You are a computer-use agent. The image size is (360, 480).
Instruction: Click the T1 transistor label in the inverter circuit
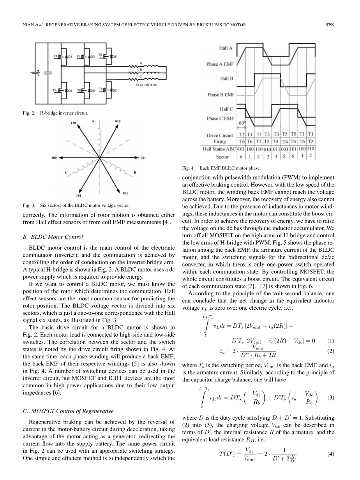55,56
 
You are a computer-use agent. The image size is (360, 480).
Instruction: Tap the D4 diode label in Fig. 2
70,91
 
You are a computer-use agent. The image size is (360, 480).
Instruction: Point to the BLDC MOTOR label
146,85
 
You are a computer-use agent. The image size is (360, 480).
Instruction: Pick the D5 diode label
115,57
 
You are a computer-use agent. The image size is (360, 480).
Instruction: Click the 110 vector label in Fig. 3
73,123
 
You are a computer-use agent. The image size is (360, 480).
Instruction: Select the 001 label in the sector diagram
125,193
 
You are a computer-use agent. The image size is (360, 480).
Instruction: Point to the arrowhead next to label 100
61,158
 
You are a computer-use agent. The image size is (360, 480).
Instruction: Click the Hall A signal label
226,48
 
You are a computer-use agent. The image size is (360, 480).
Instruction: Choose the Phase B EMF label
221,94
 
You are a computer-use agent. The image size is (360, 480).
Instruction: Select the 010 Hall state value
267,148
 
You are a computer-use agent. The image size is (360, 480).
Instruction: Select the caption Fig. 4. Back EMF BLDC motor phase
221,168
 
